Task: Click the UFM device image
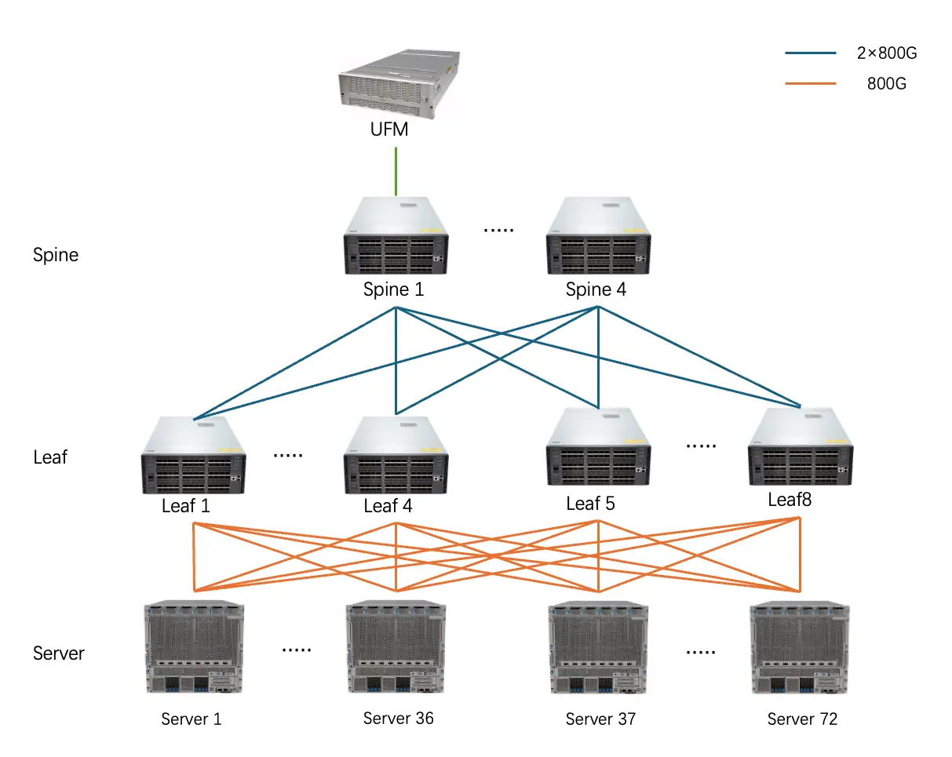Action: (x=399, y=84)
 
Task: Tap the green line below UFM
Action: (x=396, y=172)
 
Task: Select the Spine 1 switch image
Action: (x=396, y=235)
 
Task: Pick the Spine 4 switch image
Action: (x=598, y=235)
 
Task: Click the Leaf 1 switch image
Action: (x=193, y=456)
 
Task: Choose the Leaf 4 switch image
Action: (x=396, y=456)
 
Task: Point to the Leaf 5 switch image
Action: (x=598, y=446)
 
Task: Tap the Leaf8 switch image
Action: (x=801, y=446)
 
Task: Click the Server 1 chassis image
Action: (x=194, y=646)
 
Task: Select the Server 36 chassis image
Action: (x=396, y=646)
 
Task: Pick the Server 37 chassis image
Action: (x=598, y=647)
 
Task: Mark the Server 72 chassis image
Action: (x=800, y=647)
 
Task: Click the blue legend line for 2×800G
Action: (x=811, y=53)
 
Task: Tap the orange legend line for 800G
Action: (x=811, y=83)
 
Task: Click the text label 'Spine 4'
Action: (x=596, y=289)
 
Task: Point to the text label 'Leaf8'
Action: (x=790, y=500)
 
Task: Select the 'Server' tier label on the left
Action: (x=58, y=653)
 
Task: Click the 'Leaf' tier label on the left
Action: (x=50, y=457)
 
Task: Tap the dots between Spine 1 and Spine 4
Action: (x=498, y=231)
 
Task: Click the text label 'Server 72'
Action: (x=802, y=719)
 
